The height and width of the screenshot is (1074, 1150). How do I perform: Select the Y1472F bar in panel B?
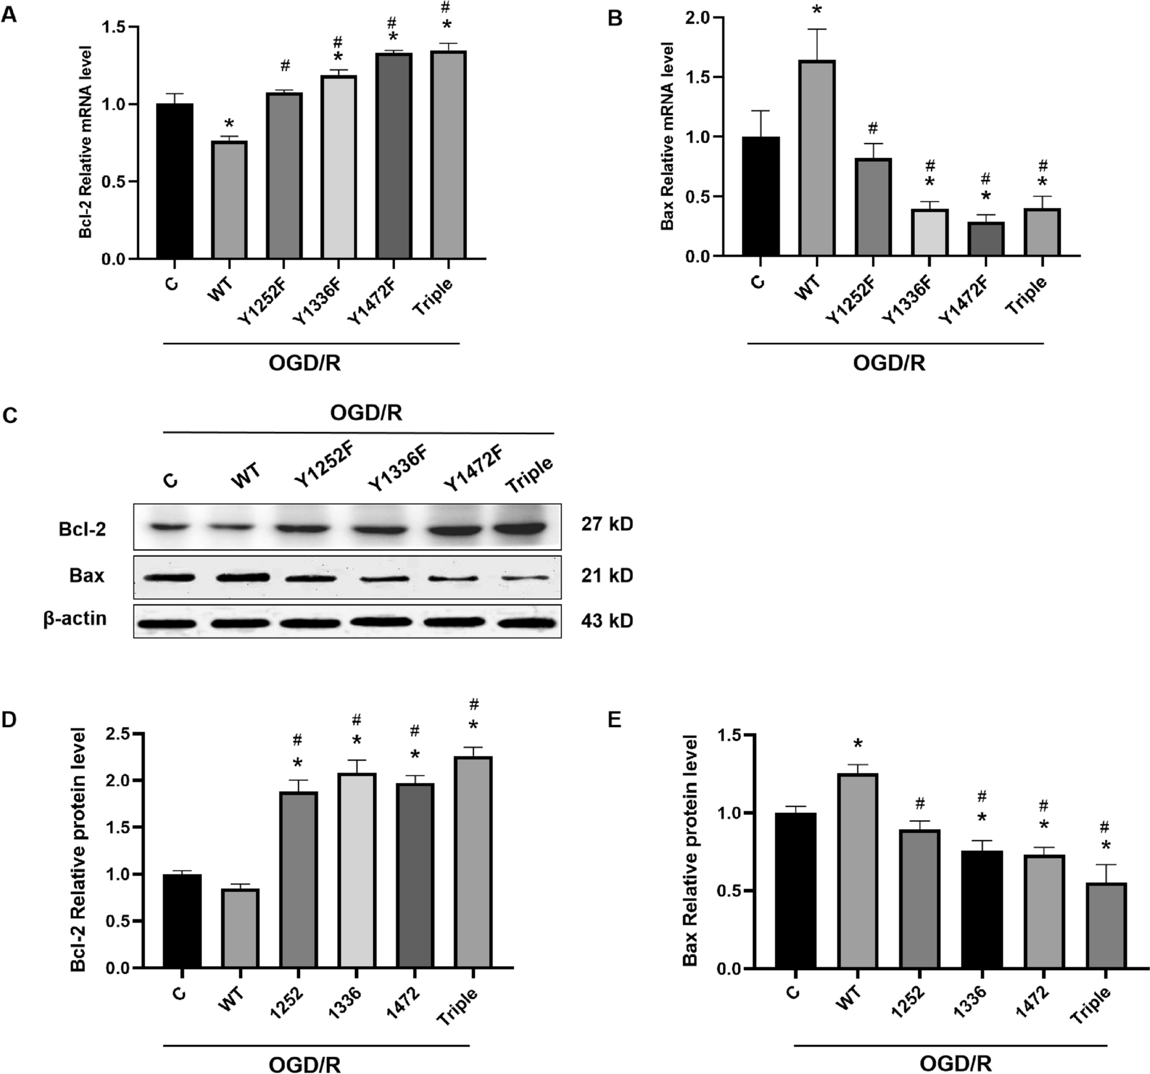[x=986, y=238]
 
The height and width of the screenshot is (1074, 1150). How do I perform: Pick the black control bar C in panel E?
[x=797, y=890]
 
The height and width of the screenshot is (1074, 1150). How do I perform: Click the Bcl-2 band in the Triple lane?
[x=525, y=528]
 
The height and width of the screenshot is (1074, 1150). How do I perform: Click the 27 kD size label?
[x=607, y=524]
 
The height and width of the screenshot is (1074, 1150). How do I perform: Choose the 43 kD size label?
[x=607, y=621]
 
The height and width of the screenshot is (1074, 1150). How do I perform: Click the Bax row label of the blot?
[x=87, y=576]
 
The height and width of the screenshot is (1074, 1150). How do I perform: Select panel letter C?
[x=10, y=416]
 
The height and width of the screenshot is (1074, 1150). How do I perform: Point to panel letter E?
[x=614, y=720]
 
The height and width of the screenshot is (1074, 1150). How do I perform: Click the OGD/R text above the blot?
[x=366, y=413]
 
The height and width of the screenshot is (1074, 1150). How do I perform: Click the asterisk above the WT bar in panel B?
[x=817, y=10]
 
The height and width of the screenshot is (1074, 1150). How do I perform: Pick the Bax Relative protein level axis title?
[x=691, y=850]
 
